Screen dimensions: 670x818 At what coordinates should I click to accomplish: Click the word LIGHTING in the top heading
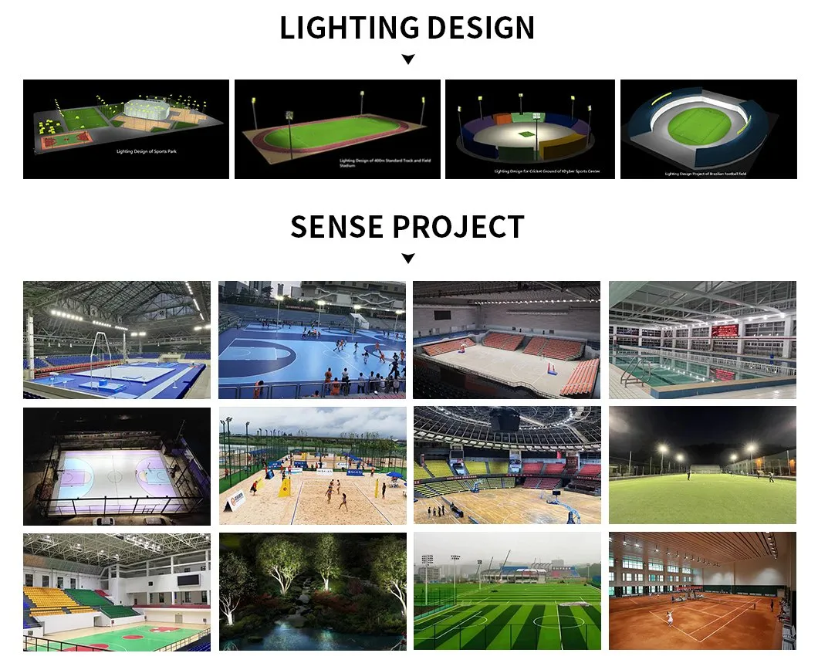[341, 29]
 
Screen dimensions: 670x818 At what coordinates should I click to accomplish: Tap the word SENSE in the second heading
[336, 227]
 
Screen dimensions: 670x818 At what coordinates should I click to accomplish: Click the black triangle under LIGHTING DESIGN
[408, 59]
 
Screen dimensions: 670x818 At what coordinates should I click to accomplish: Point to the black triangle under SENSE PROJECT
[408, 259]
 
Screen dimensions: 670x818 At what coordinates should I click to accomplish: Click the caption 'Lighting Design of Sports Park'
[147, 152]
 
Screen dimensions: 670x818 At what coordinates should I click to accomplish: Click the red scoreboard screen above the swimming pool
[724, 330]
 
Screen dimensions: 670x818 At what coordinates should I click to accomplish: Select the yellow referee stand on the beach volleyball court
[285, 486]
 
